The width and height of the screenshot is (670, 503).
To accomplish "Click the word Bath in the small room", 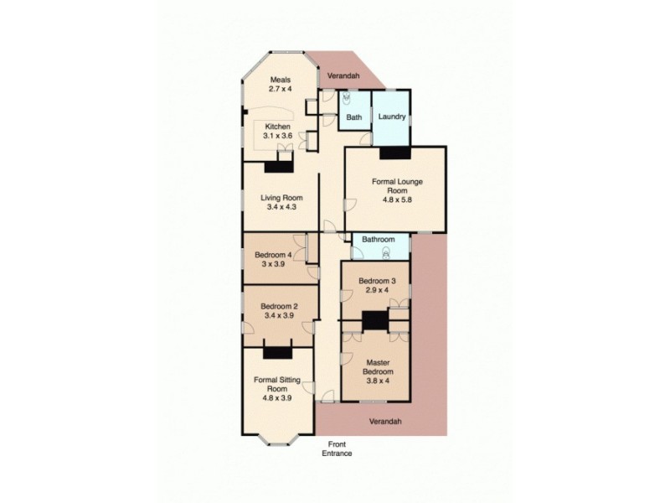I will click(x=354, y=117).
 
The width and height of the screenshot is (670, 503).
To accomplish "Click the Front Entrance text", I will click(x=337, y=449).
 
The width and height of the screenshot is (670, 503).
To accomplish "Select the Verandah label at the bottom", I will click(x=385, y=421).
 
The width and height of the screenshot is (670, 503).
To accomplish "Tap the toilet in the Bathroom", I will click(x=386, y=251).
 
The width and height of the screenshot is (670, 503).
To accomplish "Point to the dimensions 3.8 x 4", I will click(x=376, y=381).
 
